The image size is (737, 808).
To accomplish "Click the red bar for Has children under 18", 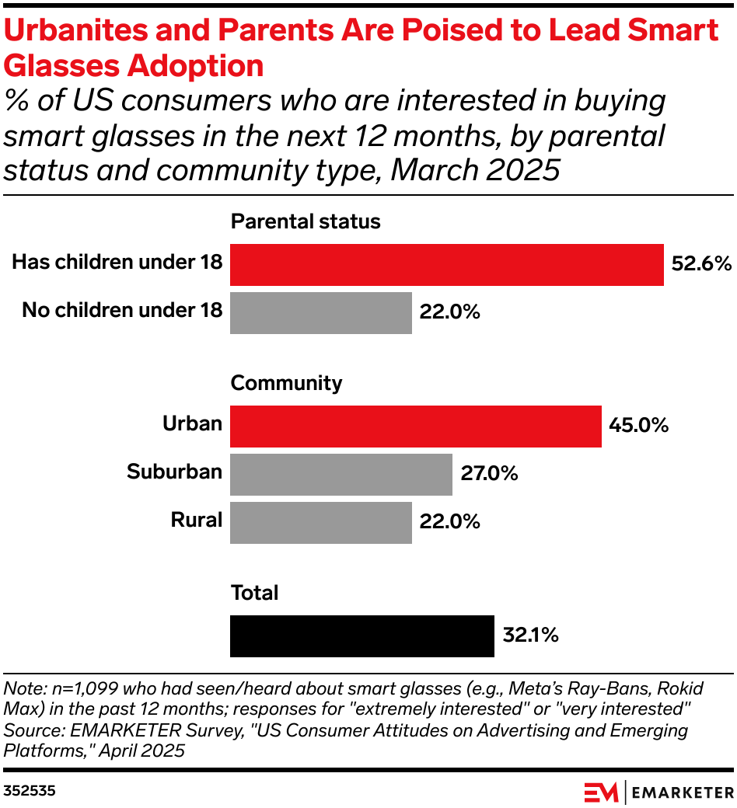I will pyautogui.click(x=447, y=265).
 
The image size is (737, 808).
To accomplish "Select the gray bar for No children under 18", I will pyautogui.click(x=321, y=312).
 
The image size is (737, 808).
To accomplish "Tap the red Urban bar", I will pyautogui.click(x=416, y=427).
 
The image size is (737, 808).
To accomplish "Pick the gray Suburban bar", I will pyautogui.click(x=341, y=474).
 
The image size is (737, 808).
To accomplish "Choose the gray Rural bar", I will pyautogui.click(x=321, y=522).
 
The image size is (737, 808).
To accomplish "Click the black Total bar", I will pyautogui.click(x=362, y=636).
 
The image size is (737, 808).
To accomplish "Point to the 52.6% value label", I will pyautogui.click(x=701, y=264).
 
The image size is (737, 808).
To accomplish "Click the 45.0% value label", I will pyautogui.click(x=639, y=426).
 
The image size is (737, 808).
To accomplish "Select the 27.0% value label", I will pyautogui.click(x=489, y=473).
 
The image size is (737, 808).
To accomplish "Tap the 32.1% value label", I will pyautogui.click(x=530, y=636).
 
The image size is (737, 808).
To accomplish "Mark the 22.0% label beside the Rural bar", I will pyautogui.click(x=449, y=521).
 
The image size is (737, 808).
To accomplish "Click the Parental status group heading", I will pyautogui.click(x=306, y=221).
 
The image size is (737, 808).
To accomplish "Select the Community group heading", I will pyautogui.click(x=286, y=383).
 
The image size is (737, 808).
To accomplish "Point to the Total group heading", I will pyautogui.click(x=254, y=594).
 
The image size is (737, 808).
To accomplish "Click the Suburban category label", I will pyautogui.click(x=175, y=472).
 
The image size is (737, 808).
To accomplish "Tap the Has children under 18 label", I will pyautogui.click(x=117, y=263).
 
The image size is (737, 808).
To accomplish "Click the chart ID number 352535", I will pyautogui.click(x=30, y=791).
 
